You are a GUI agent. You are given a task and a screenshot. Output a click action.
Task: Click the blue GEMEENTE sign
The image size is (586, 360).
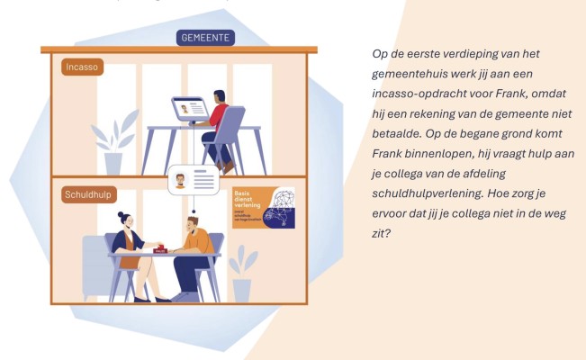[x=205, y=38]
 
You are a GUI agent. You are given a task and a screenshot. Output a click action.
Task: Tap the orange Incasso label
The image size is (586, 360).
[x=83, y=67]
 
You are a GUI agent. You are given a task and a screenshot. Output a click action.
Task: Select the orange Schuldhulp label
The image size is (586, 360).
[x=88, y=193]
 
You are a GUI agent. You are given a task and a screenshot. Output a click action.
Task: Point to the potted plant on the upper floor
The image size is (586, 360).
[x=113, y=144]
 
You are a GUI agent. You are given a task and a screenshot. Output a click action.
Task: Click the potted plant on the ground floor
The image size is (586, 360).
[x=241, y=274]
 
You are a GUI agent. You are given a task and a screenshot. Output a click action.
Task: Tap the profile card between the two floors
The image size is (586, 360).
[x=194, y=180]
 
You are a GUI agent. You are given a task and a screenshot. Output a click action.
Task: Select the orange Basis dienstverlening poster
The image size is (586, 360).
[x=263, y=207]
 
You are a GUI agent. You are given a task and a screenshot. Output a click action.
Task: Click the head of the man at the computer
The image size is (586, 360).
[x=219, y=96]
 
